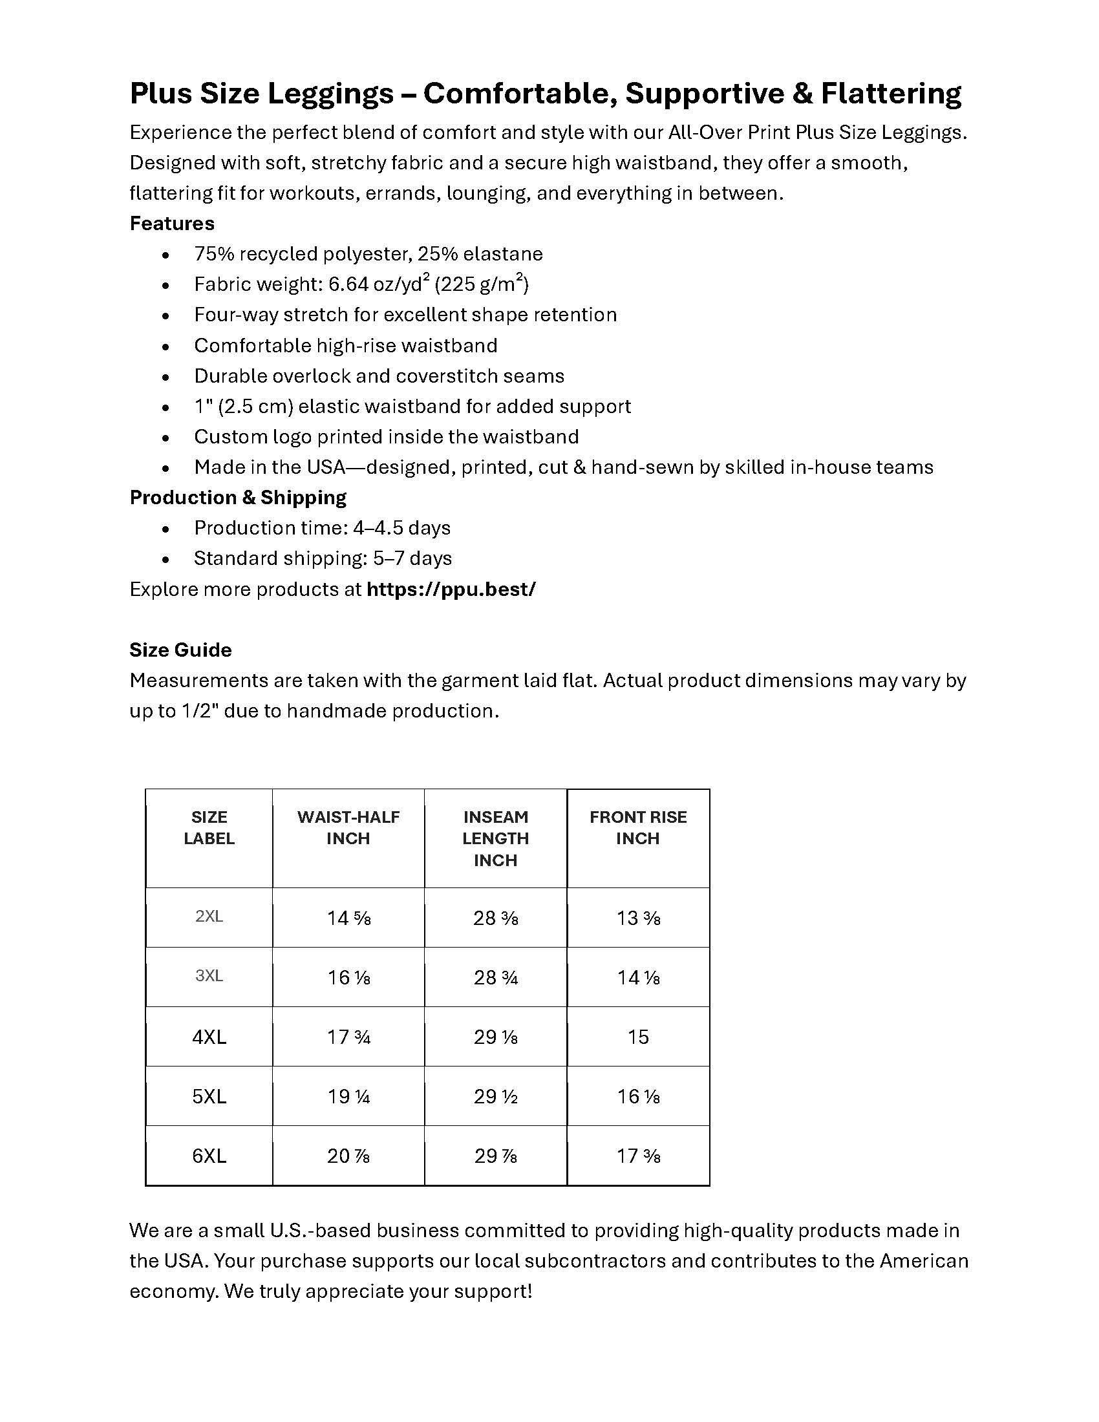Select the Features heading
coord(172,224)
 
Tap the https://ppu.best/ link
coord(451,589)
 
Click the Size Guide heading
coord(180,650)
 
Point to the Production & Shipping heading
coord(238,498)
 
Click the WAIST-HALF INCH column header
coord(348,827)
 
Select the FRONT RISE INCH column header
coord(638,827)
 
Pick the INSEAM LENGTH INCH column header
coord(495,838)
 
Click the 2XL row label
coord(209,917)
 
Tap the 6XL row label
coord(209,1156)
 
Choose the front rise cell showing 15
coord(638,1037)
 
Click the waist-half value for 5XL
coord(348,1096)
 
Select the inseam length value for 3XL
coord(495,977)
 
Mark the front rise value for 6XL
coord(638,1156)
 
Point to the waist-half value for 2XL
coord(348,918)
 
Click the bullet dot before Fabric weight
coord(166,285)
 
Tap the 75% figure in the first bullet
coord(214,254)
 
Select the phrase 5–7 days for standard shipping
coord(412,558)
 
